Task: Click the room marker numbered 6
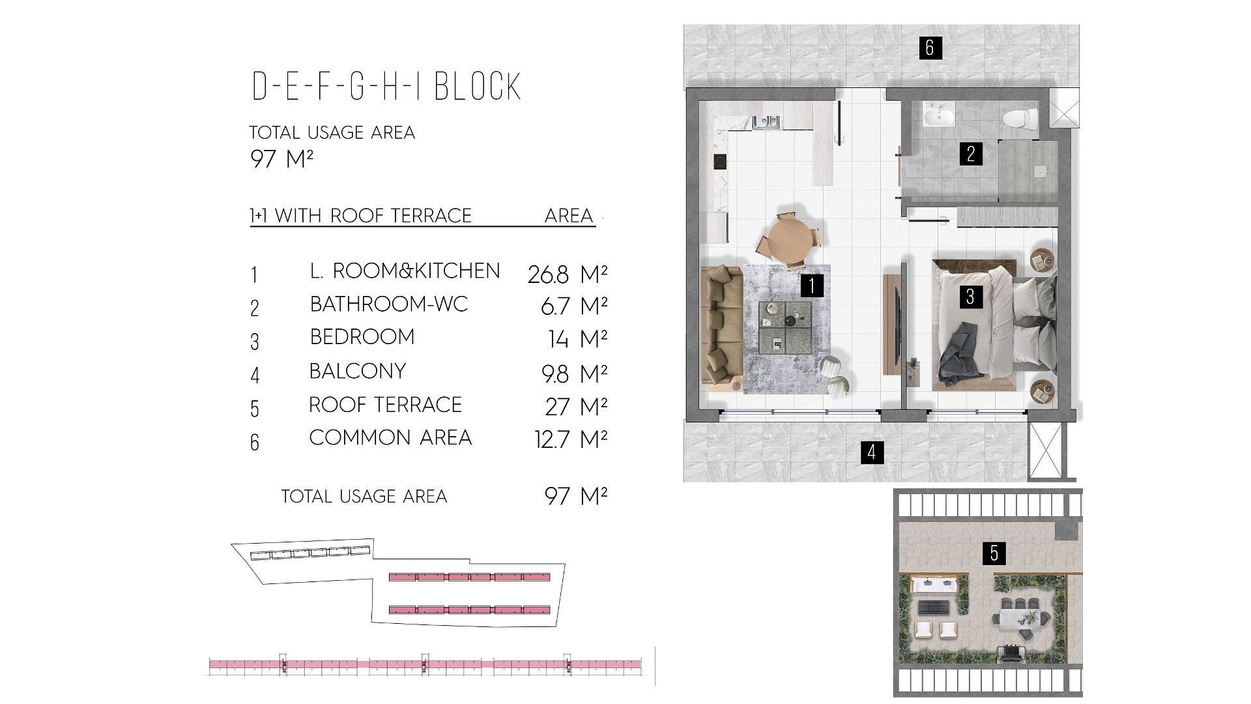pyautogui.click(x=930, y=47)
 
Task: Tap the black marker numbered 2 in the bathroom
pyautogui.click(x=971, y=154)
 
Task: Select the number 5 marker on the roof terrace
pyautogui.click(x=994, y=553)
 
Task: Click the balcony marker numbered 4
pyautogui.click(x=872, y=452)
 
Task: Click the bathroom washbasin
pyautogui.click(x=939, y=116)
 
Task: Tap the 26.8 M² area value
pyautogui.click(x=568, y=274)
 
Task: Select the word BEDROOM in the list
pyautogui.click(x=362, y=337)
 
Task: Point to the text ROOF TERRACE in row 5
pyautogui.click(x=385, y=405)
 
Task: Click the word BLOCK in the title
pyautogui.click(x=478, y=87)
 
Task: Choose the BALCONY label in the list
pyautogui.click(x=358, y=371)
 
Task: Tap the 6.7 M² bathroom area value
pyautogui.click(x=574, y=306)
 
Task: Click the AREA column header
pyautogui.click(x=569, y=216)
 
